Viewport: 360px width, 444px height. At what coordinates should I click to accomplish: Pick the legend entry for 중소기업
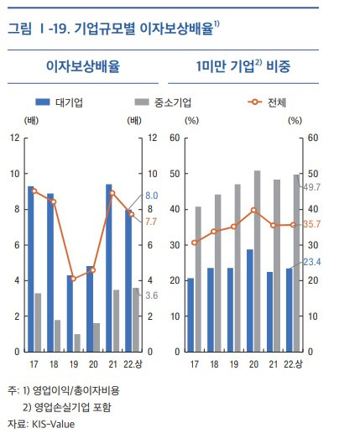click(x=164, y=102)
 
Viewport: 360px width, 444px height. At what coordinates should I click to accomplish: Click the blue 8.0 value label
click(x=152, y=195)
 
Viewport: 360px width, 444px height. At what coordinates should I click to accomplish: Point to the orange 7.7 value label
click(x=152, y=221)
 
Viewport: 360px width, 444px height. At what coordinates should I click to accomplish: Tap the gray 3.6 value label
click(x=152, y=295)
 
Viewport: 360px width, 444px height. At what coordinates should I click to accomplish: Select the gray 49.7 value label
click(x=312, y=186)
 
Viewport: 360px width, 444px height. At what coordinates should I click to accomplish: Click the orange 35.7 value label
click(x=312, y=224)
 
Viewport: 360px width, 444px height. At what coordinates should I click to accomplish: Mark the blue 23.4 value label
click(x=312, y=262)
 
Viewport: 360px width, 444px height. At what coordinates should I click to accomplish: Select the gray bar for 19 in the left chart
click(x=77, y=342)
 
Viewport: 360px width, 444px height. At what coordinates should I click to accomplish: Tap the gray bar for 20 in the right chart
click(x=257, y=260)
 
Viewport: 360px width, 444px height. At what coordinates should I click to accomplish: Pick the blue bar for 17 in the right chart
click(x=189, y=315)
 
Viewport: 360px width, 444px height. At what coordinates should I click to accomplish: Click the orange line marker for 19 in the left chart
click(x=72, y=278)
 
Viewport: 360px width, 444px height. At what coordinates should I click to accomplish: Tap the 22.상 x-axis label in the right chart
click(x=292, y=363)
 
